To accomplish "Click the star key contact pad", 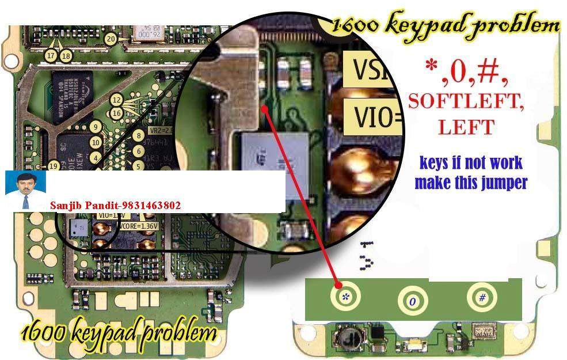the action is (345, 296).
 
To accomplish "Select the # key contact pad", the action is (482, 297).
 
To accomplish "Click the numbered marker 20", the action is (111, 39).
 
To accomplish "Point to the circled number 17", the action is (51, 56).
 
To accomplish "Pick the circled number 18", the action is (66, 56).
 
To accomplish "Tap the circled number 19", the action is (54, 166).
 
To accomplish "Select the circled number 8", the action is (138, 136).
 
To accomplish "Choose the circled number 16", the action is (117, 113).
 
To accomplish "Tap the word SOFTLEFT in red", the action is (466, 101).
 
